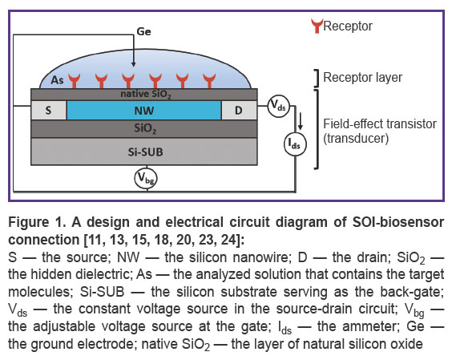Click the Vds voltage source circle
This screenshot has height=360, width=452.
click(278, 106)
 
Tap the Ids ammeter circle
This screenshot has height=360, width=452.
click(295, 144)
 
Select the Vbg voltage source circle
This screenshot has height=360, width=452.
click(146, 178)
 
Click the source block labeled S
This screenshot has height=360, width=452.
click(48, 110)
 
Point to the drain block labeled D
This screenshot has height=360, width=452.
click(239, 110)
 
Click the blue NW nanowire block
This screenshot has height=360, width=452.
click(143, 110)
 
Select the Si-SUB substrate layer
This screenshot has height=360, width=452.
click(144, 152)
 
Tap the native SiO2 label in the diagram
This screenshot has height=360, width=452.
click(146, 95)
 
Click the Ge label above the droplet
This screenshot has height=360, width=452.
click(143, 31)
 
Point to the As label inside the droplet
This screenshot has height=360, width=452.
click(57, 80)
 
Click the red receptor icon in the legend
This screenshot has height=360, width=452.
click(317, 26)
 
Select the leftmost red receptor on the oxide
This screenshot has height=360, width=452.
click(74, 81)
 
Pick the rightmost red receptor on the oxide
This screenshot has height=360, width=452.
click(209, 81)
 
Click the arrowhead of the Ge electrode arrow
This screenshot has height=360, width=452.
click(133, 65)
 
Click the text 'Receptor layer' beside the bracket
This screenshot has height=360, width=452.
click(362, 77)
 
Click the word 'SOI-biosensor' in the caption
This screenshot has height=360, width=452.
click(398, 222)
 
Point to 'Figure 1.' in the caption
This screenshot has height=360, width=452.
click(38, 223)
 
